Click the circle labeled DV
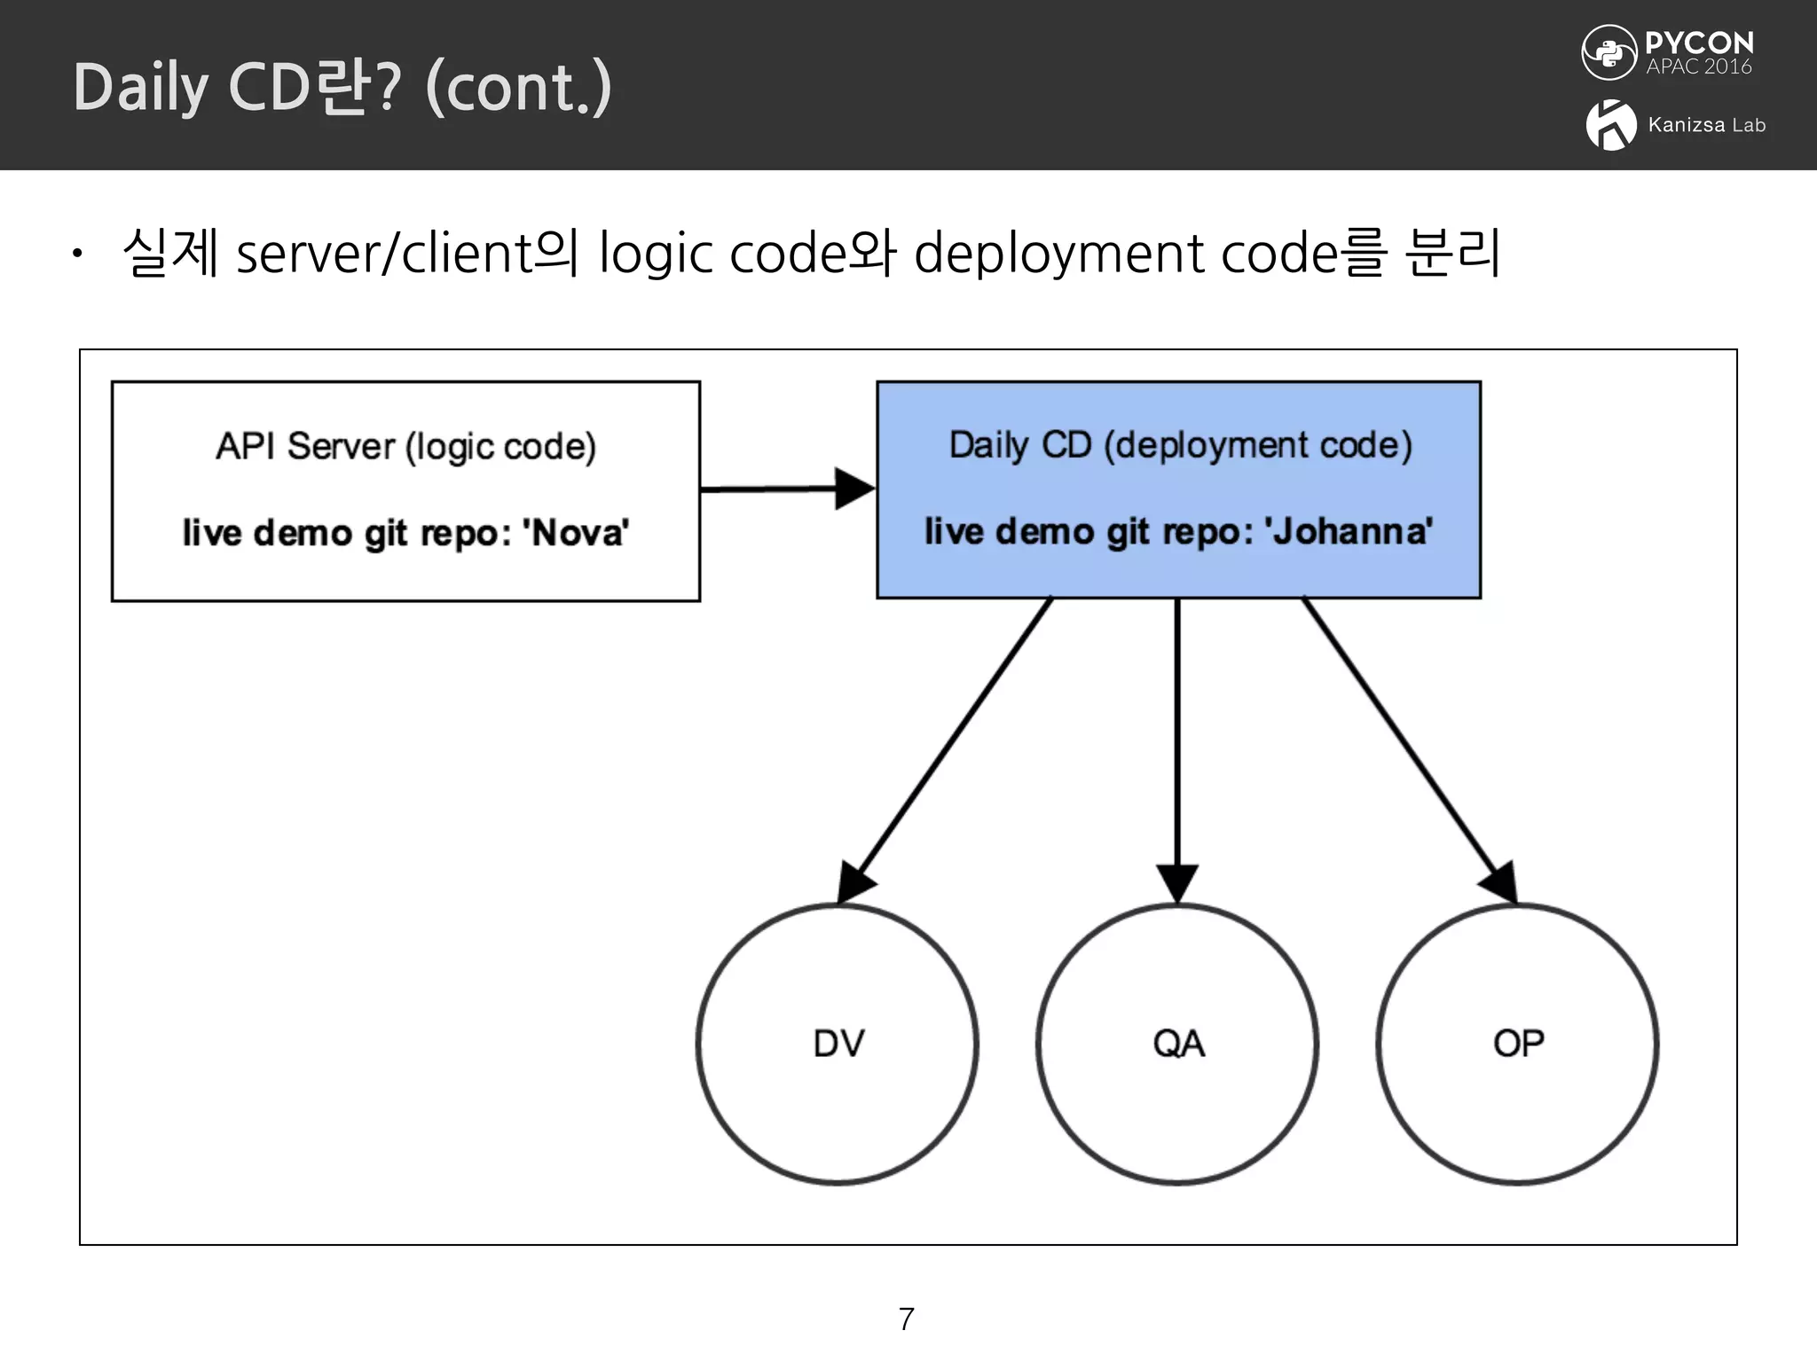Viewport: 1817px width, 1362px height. click(838, 1044)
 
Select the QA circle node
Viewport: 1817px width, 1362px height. click(1177, 1044)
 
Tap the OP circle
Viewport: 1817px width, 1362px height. click(1517, 1044)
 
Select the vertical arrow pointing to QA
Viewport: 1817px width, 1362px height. click(1177, 745)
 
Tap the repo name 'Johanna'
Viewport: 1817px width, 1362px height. click(1349, 532)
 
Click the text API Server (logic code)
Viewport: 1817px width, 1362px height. click(405, 447)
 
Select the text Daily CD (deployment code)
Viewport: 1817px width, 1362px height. click(1180, 445)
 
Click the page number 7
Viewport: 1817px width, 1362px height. click(906, 1319)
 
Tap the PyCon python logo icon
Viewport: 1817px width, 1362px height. click(1609, 52)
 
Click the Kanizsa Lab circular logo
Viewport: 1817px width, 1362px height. click(1611, 125)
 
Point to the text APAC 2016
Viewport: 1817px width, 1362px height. click(1698, 67)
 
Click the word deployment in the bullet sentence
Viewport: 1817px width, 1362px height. click(1060, 255)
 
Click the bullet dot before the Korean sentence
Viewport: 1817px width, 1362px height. click(78, 255)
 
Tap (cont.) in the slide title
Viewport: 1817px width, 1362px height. click(519, 89)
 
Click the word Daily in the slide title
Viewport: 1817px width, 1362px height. click(140, 89)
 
